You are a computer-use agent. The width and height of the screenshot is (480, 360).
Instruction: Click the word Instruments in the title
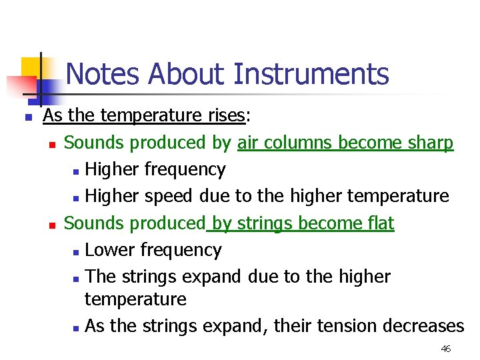click(x=311, y=73)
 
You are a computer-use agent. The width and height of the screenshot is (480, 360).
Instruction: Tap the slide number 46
click(x=446, y=349)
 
